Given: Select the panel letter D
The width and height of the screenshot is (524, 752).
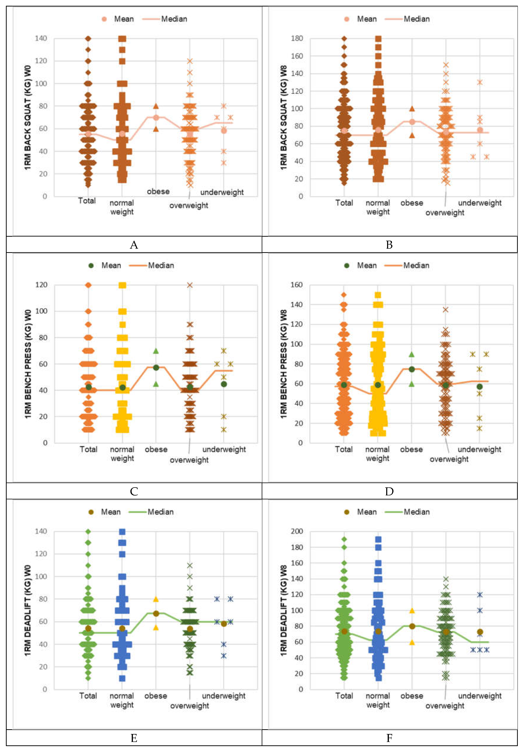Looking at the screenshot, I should [389, 491].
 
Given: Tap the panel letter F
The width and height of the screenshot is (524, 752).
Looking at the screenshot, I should [389, 738].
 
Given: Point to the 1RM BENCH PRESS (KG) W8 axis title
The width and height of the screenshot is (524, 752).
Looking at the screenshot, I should [284, 364].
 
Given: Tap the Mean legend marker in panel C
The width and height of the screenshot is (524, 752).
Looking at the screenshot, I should [91, 266].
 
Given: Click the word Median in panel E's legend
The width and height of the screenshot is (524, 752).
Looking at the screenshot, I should [161, 512].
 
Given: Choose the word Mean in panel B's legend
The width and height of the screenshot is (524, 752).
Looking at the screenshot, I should [367, 19].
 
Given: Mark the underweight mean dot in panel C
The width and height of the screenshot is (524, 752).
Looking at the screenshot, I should [224, 384].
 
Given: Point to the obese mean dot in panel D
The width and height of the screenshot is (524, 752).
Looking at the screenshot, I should [412, 369].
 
